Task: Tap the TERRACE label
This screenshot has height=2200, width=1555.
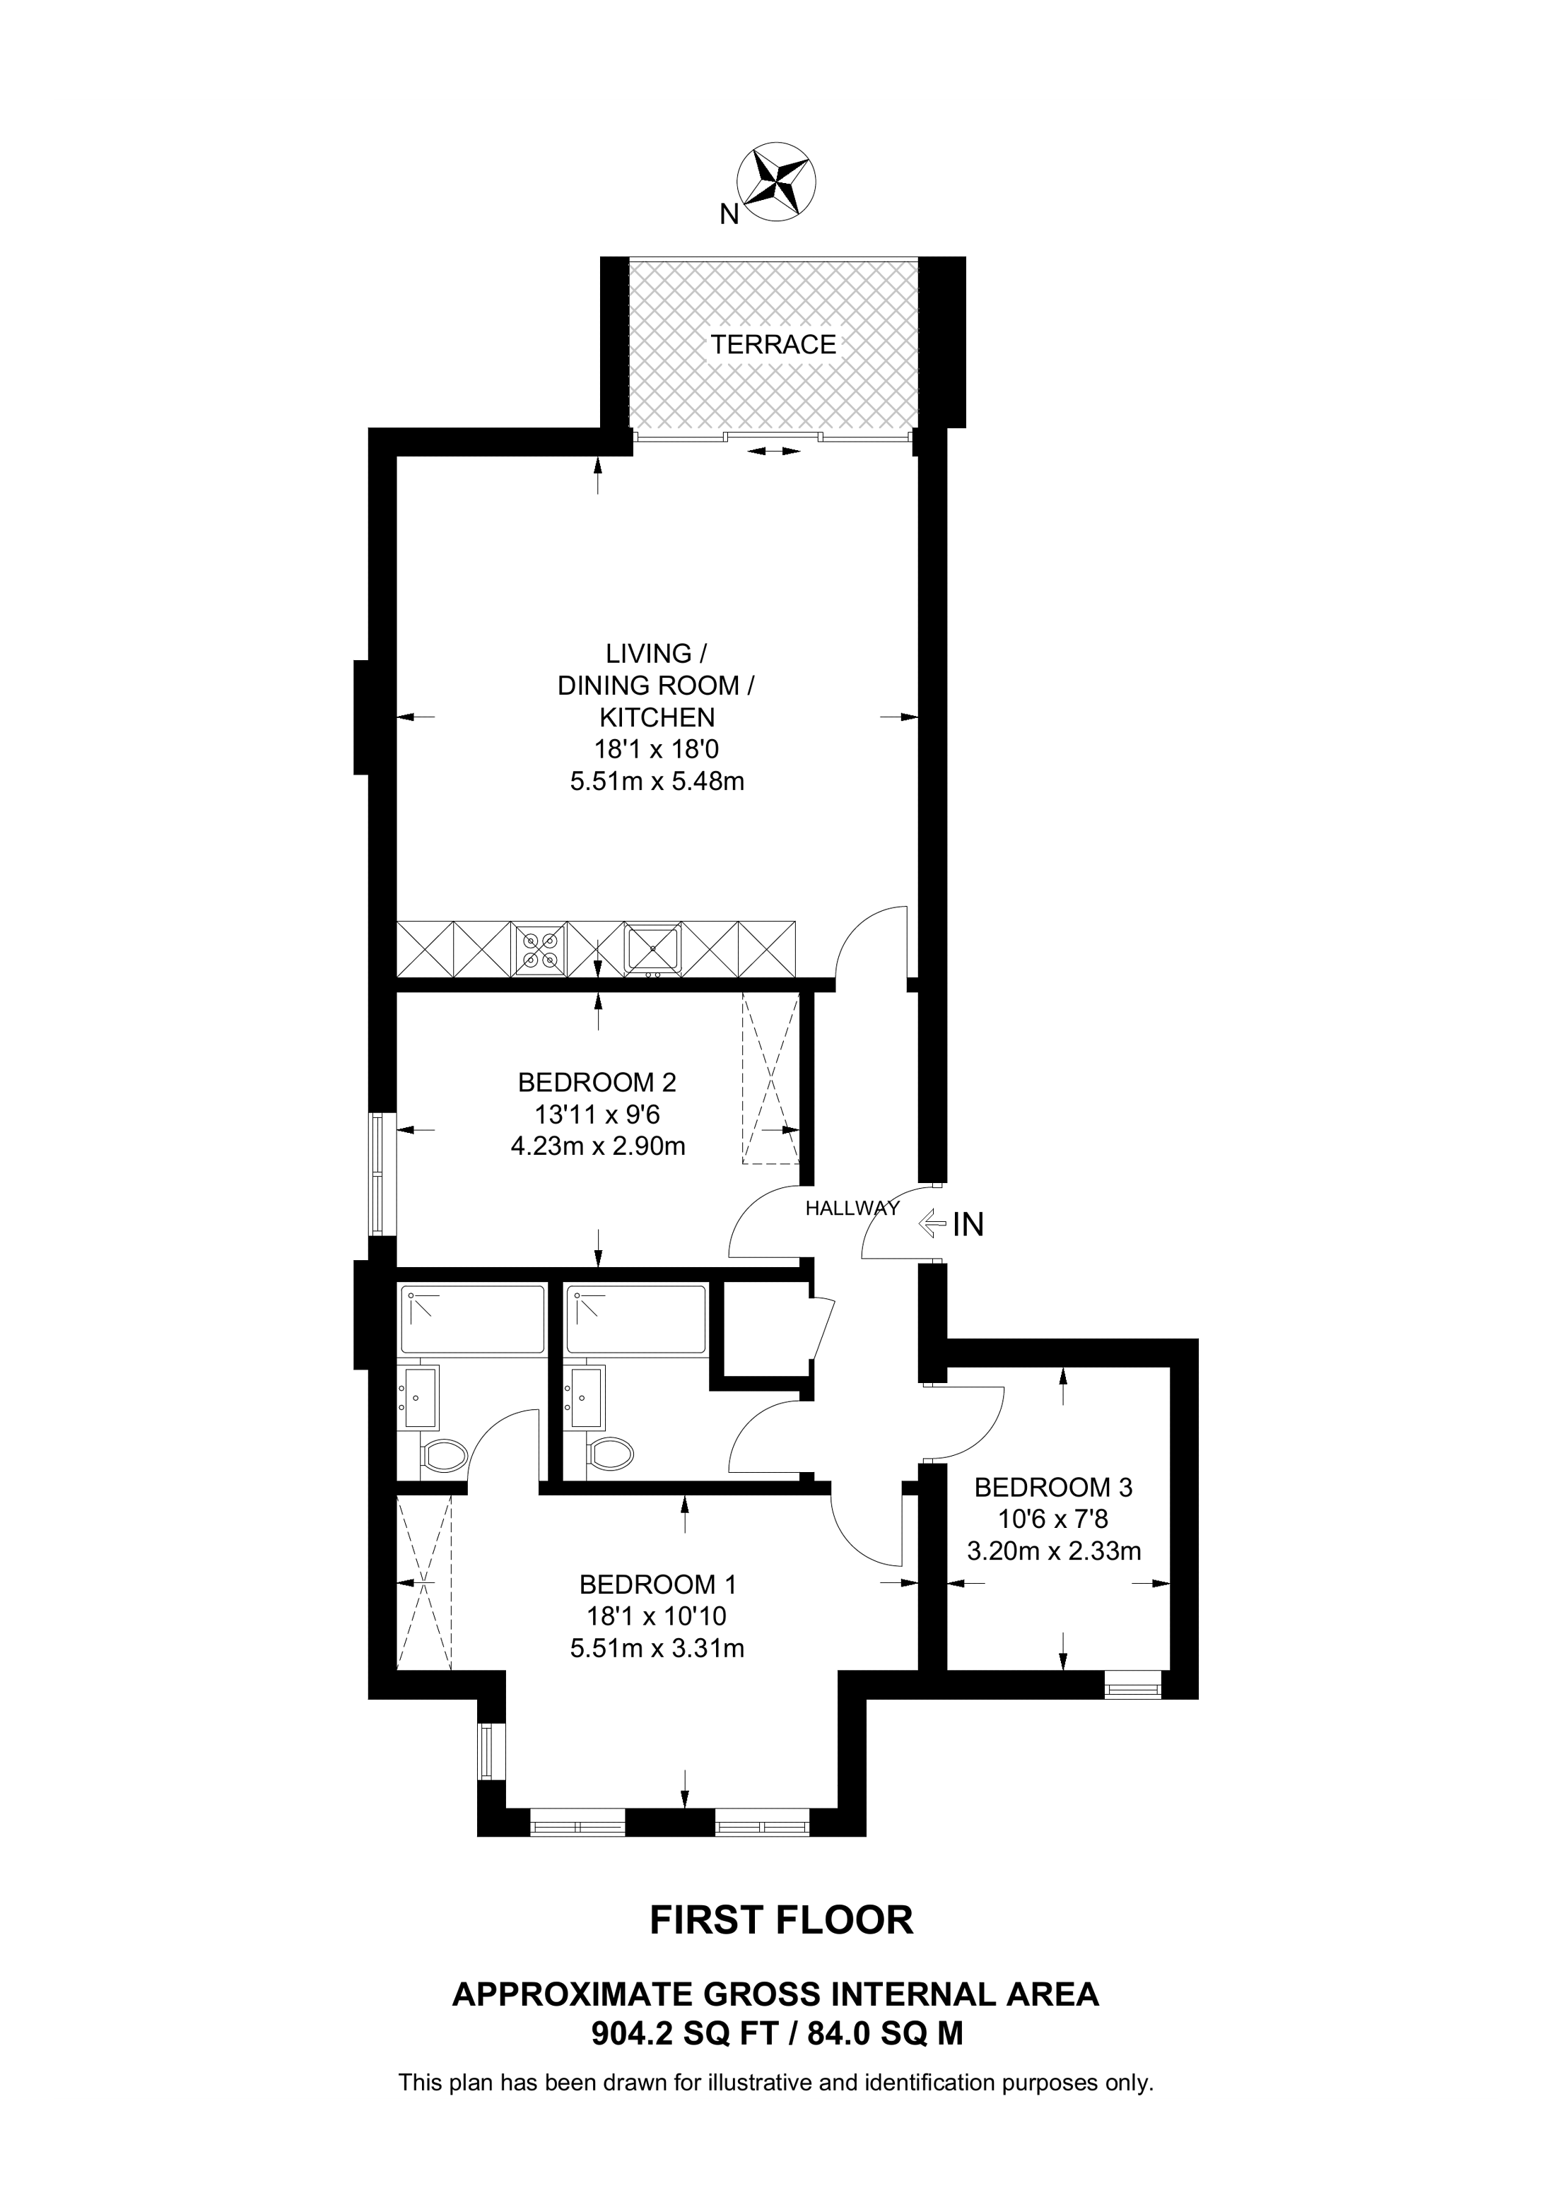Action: tap(773, 344)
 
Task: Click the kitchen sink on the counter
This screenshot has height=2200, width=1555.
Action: tap(652, 948)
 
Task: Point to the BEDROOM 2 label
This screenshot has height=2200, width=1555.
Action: tap(597, 1083)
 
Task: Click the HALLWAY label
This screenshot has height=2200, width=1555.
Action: tap(852, 1208)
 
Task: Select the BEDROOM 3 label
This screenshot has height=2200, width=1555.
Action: tap(1053, 1488)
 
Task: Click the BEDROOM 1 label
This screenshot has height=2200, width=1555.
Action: tap(657, 1585)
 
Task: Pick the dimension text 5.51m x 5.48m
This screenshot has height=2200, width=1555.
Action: tap(657, 781)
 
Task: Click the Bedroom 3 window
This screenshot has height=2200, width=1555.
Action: tap(1132, 1685)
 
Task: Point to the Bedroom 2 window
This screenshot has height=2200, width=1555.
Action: tap(383, 1174)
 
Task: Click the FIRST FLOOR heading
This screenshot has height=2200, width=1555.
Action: tap(782, 1921)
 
